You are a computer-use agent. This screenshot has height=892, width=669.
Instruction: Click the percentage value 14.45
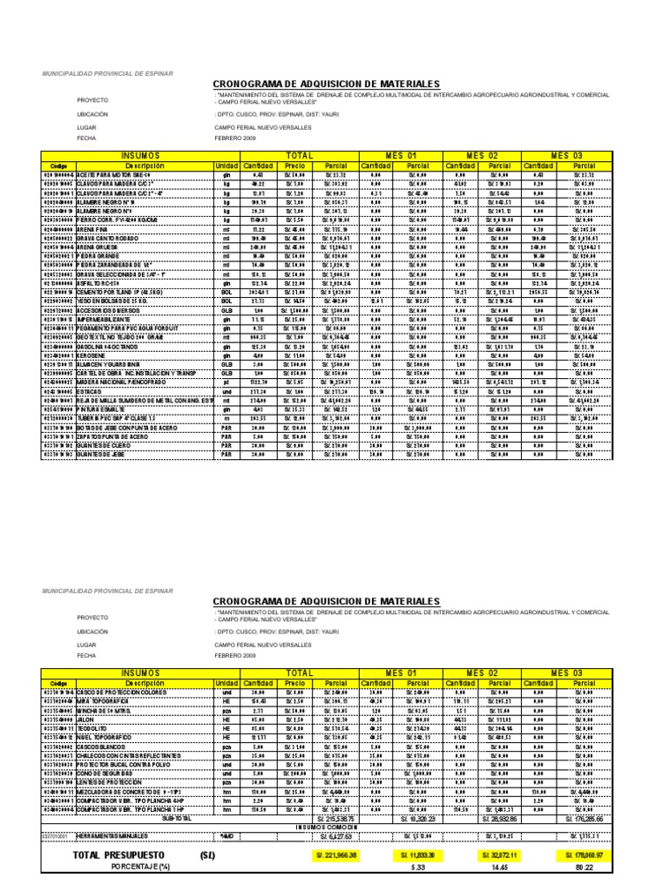pyautogui.click(x=500, y=866)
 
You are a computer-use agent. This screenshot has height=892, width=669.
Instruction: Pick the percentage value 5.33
pyautogui.click(x=416, y=866)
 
